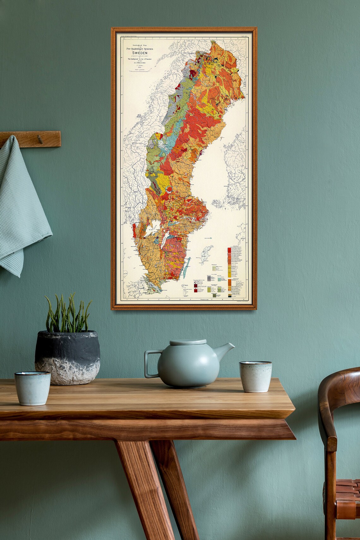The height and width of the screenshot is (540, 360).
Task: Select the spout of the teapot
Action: (227, 349)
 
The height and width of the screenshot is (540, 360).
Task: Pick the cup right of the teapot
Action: (255, 376)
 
